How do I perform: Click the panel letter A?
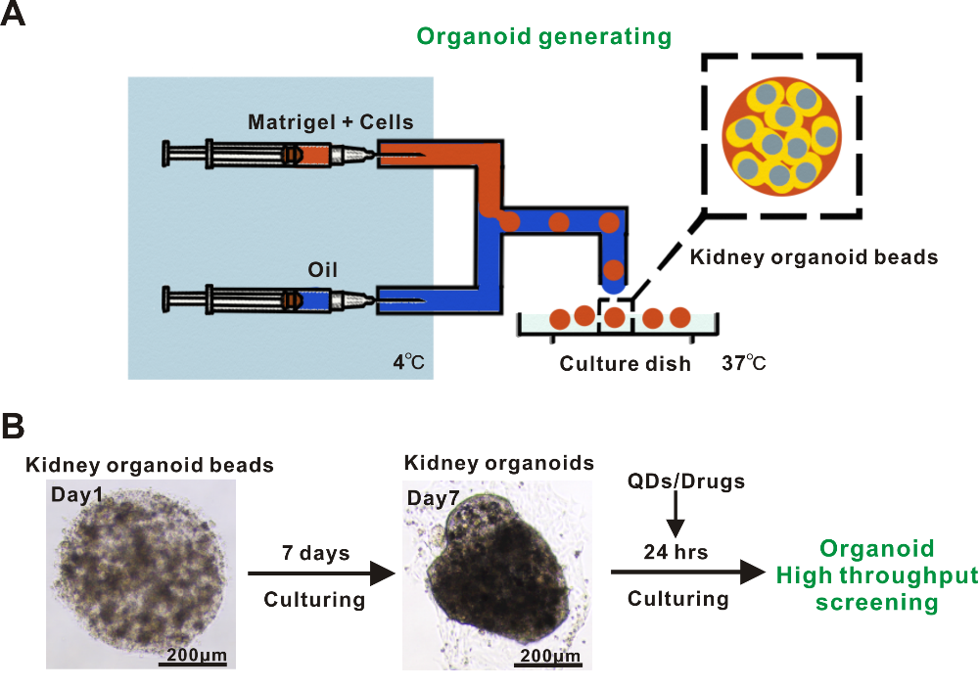tap(14, 18)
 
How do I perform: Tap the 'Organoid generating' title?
tap(543, 37)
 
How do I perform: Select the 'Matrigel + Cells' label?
tap(331, 122)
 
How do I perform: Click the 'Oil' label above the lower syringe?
tap(322, 268)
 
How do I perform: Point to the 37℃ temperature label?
tap(744, 363)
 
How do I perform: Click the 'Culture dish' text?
tap(625, 364)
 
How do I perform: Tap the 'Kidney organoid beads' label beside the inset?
tap(814, 258)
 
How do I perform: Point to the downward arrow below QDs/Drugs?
tap(676, 515)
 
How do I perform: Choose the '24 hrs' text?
tap(676, 552)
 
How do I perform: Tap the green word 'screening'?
tap(878, 602)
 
